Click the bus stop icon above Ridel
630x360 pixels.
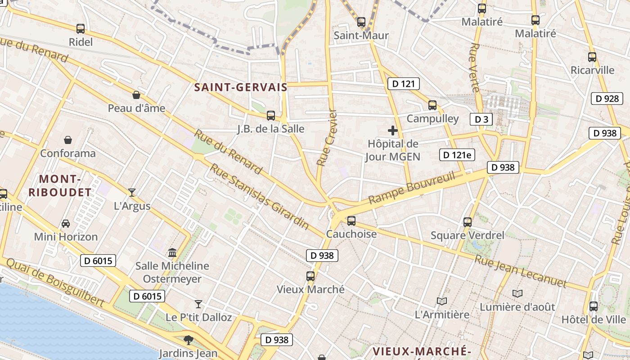[81, 29]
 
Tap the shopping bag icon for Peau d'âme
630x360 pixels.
[136, 95]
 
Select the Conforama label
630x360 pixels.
[68, 153]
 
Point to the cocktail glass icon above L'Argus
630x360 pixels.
[132, 193]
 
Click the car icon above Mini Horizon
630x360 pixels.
[66, 223]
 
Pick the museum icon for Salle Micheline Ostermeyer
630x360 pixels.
[172, 252]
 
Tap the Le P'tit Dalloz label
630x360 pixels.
[199, 317]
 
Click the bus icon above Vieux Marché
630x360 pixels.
[310, 276]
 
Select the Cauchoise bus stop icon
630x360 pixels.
[351, 221]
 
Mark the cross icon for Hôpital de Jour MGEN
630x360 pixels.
[393, 131]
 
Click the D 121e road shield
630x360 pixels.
[457, 155]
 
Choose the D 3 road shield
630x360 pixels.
[481, 119]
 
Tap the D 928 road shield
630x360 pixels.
[607, 99]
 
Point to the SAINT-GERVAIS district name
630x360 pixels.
[241, 87]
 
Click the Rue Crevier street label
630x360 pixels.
[327, 137]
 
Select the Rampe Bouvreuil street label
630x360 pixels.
[412, 187]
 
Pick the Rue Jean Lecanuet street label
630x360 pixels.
[520, 271]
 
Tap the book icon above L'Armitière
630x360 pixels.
[442, 301]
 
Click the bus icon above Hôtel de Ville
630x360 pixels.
[594, 306]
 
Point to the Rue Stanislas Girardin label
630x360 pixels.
[260, 196]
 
